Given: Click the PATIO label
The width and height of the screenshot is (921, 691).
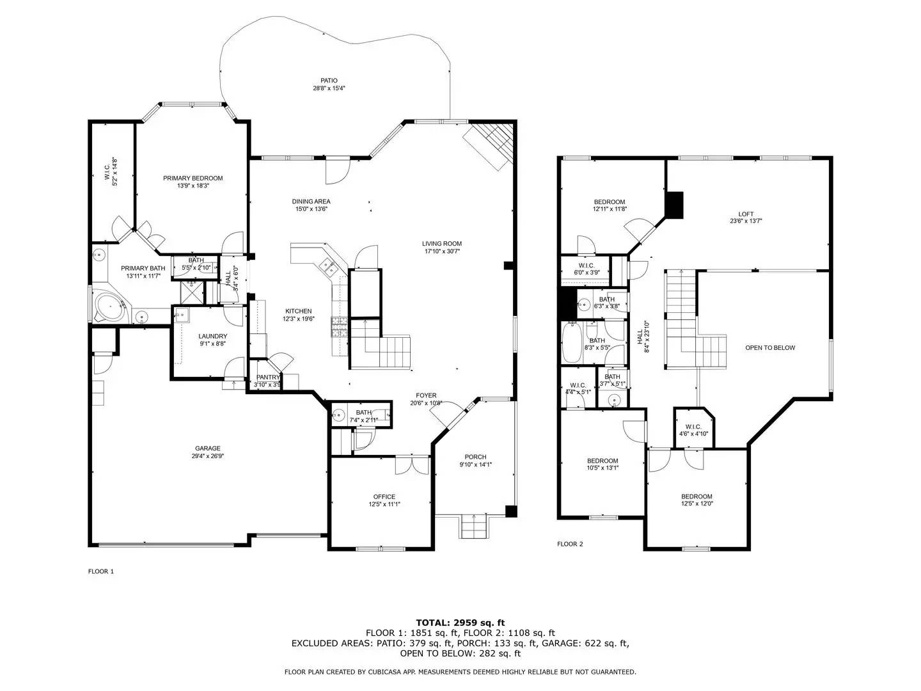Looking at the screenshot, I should pos(329,81).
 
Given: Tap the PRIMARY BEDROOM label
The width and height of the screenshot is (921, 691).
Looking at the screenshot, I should pos(193,179).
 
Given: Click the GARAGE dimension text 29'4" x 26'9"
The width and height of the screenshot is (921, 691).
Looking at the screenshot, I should pos(208,457).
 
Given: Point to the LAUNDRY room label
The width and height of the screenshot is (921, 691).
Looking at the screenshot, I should pos(212,337).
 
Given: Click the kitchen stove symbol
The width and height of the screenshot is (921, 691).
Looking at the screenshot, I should pos(339,327).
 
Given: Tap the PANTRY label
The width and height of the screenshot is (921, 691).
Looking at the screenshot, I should pos(268,377).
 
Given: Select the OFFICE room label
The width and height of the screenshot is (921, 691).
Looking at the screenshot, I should pos(384,496).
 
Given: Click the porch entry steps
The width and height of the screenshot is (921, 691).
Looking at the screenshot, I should pos(474,527).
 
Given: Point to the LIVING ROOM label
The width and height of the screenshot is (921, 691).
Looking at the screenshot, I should pos(441,244).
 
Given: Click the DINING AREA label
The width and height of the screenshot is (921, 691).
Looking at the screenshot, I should pos(311,202).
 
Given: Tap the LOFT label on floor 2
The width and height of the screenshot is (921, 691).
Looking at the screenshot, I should pos(746,214).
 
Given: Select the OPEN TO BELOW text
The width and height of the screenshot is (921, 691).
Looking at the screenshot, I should pos(770,348).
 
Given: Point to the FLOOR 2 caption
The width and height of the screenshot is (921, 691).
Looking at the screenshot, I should pos(570,544).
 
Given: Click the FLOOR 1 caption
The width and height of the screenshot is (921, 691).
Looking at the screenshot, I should pos(100,571).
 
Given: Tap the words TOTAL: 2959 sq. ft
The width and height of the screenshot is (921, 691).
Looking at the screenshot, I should pos(460,622).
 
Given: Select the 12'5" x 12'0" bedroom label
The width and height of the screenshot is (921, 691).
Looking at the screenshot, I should pos(697,497).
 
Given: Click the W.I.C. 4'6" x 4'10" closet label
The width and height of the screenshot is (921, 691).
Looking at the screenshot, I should pos(693,427).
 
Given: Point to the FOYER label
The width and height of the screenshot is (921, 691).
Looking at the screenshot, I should pos(426,395).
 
